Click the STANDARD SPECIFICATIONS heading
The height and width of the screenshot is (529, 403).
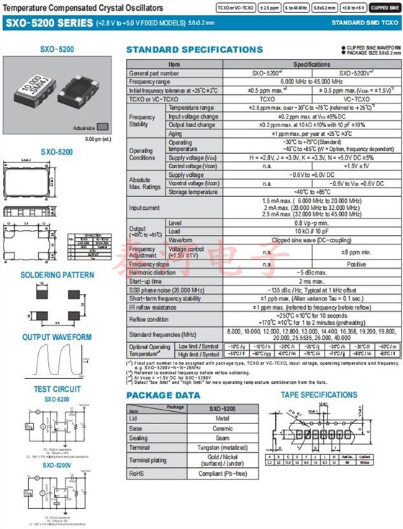[x=194, y=50]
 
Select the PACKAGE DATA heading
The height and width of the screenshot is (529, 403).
[x=163, y=395]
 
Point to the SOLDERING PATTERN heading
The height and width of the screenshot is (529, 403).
[x=57, y=275]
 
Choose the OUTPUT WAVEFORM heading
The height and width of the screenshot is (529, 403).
[x=57, y=337]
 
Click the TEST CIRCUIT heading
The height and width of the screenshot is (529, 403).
[x=57, y=390]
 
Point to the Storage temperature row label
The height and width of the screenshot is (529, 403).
[x=193, y=192]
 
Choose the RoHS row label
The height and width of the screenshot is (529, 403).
[x=136, y=474]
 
